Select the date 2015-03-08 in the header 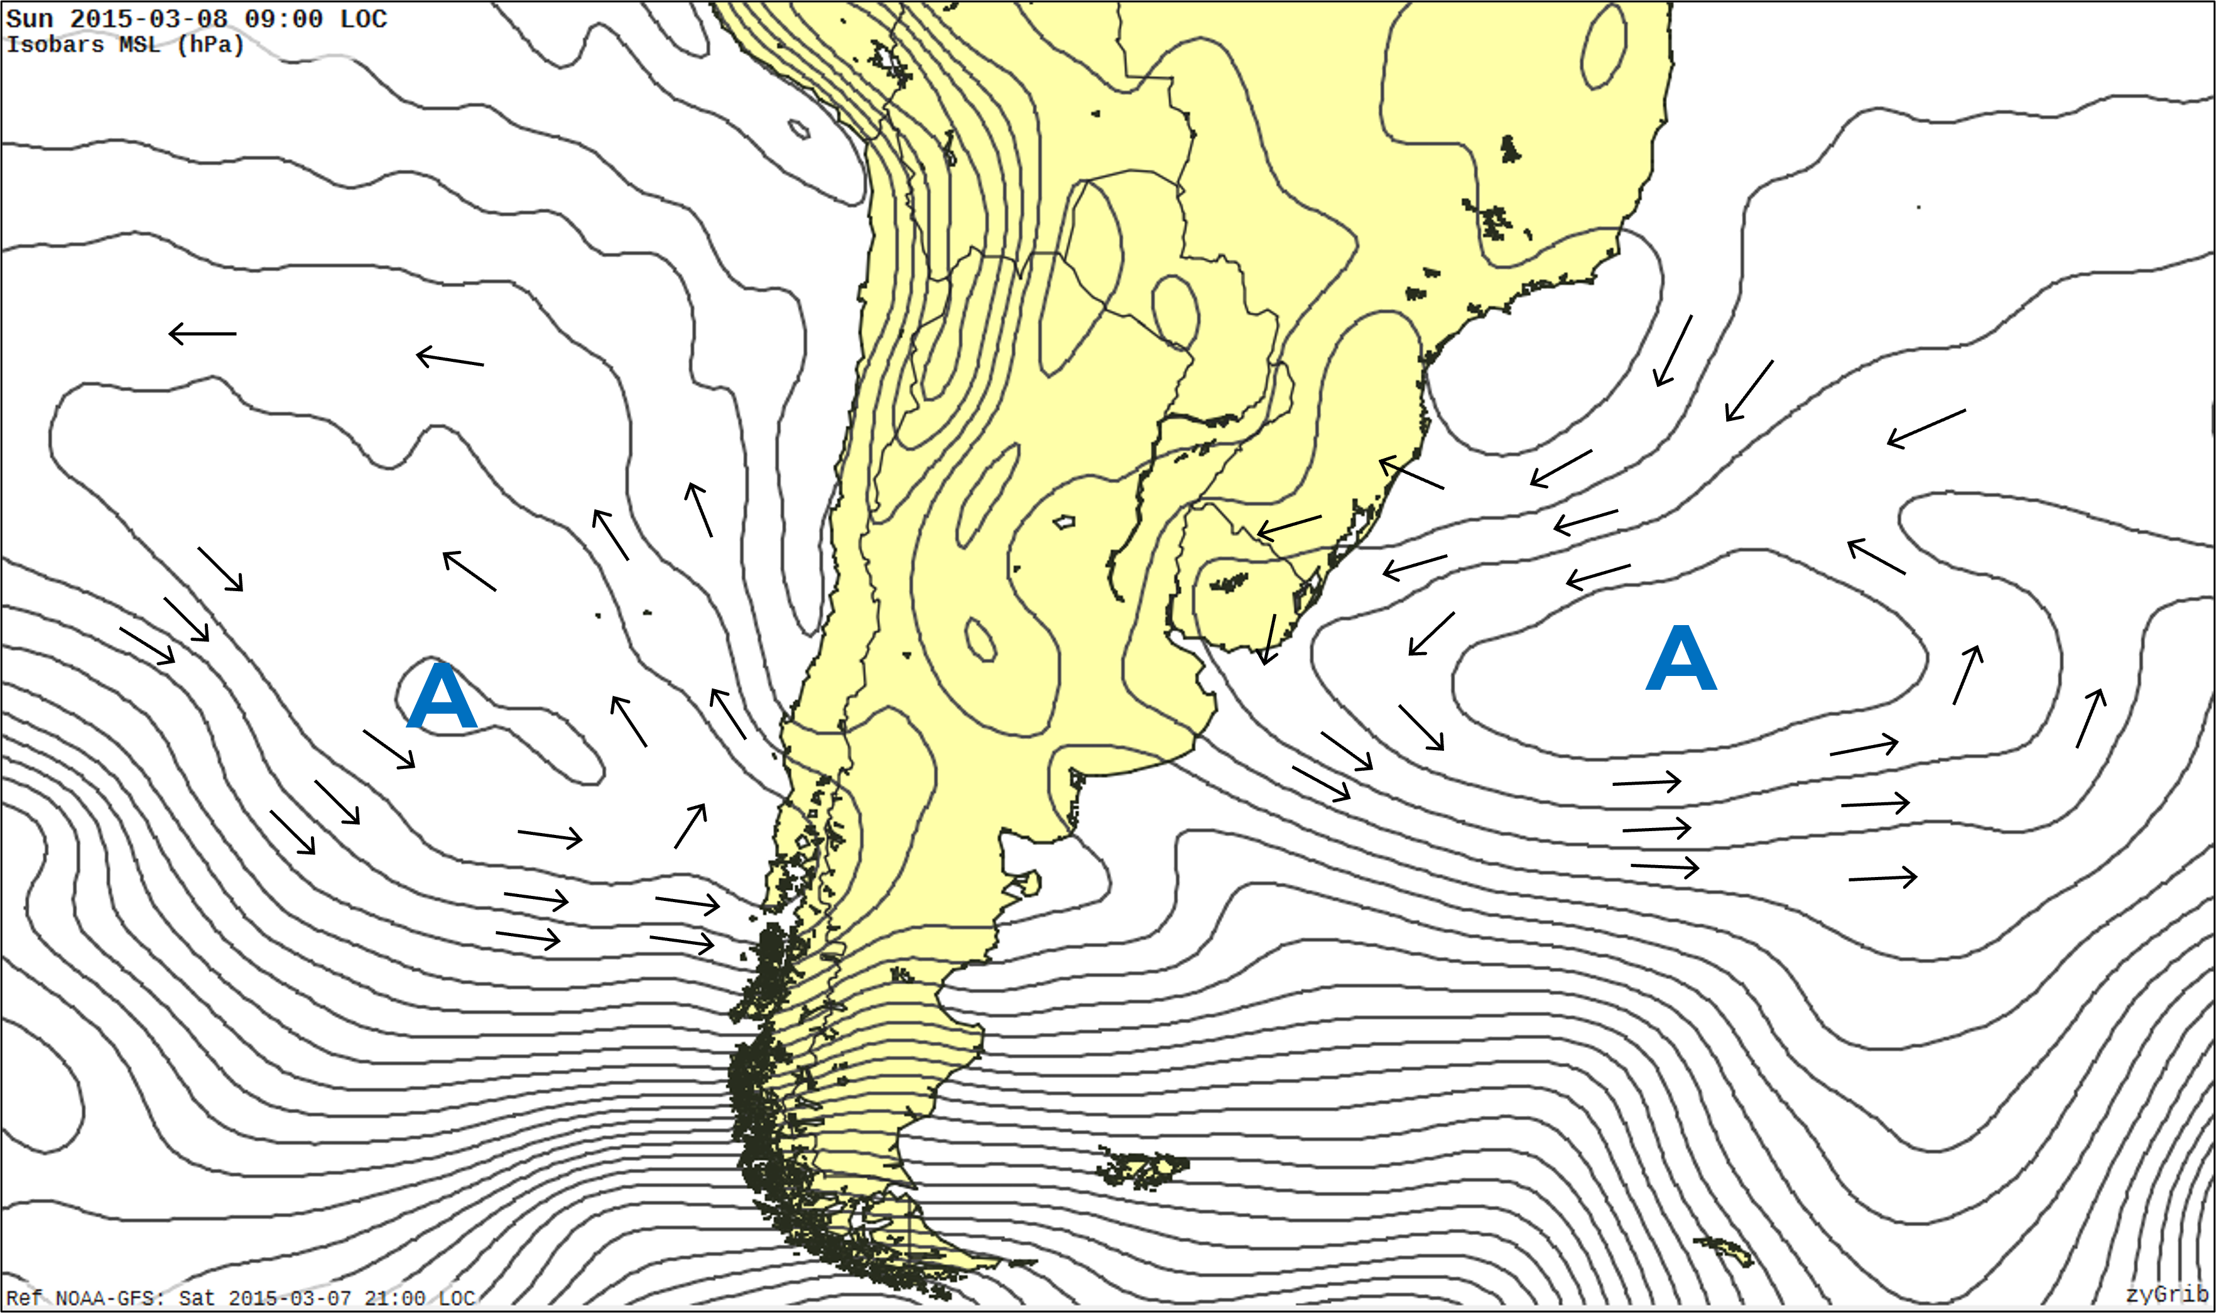click(x=149, y=19)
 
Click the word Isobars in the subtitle click(x=55, y=44)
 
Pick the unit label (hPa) click(x=210, y=44)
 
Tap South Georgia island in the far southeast click(x=1725, y=1250)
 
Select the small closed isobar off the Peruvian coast click(x=799, y=129)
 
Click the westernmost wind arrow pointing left click(x=202, y=334)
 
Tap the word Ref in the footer click(x=24, y=1298)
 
